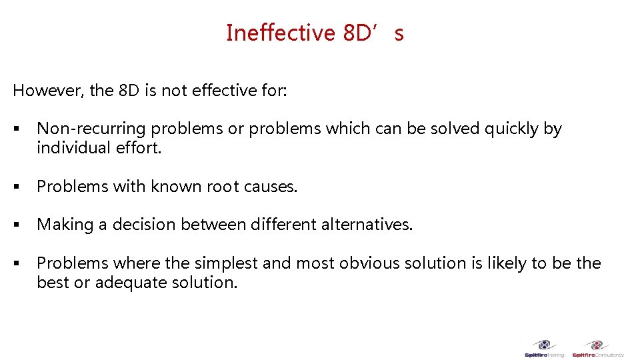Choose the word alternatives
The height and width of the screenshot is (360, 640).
pos(371,225)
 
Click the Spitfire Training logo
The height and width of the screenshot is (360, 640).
pos(545,348)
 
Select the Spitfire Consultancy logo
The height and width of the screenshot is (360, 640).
pos(597,348)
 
